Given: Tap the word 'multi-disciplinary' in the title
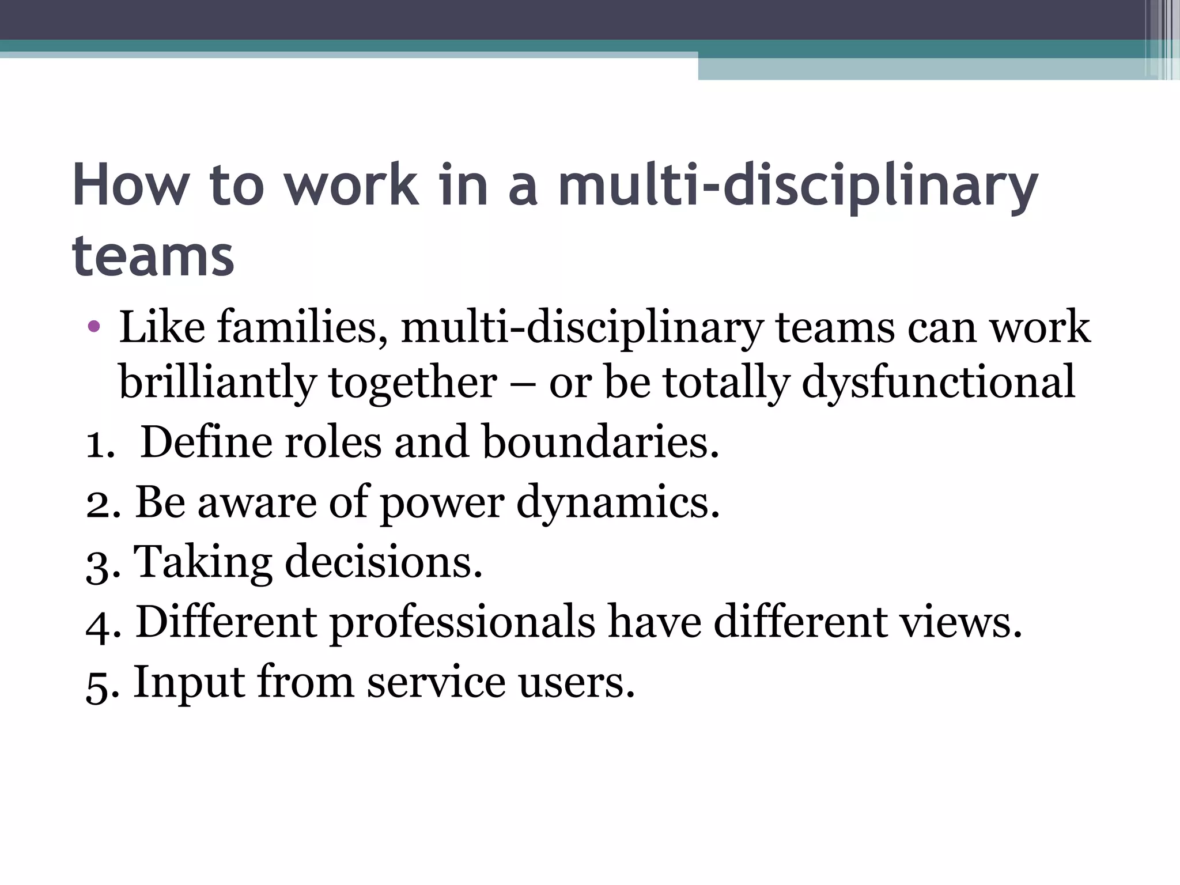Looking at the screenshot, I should [x=798, y=186].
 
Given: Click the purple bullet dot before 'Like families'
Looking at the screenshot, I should [x=94, y=327].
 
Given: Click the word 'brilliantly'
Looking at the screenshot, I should [x=217, y=382].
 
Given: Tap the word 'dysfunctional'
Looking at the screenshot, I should [x=938, y=382].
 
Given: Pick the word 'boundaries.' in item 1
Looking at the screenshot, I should [x=601, y=442].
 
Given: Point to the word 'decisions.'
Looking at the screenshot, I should [x=383, y=562].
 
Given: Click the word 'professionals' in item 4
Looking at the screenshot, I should [x=462, y=623].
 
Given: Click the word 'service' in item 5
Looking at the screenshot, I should [x=436, y=683].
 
